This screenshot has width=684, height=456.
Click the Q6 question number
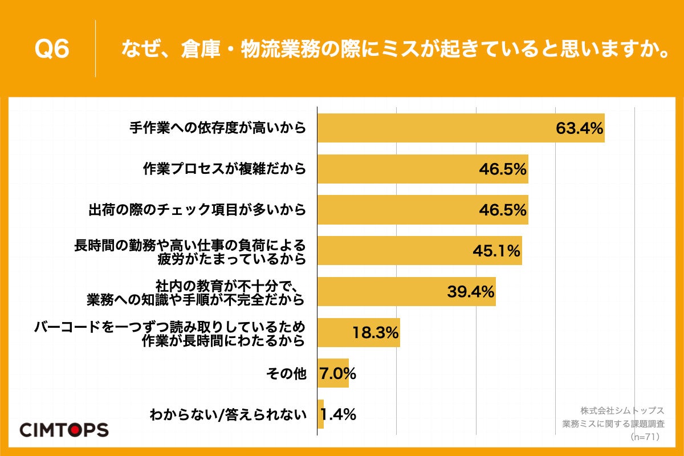point(52,50)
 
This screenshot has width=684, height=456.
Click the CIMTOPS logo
point(63,429)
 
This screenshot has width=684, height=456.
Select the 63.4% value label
point(579,128)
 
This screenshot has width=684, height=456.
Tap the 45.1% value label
point(496,251)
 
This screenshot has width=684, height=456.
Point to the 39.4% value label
point(470,292)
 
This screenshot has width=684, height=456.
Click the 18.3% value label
point(375,333)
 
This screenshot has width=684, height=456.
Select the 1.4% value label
point(339,415)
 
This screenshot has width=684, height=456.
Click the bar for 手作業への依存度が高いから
point(433,128)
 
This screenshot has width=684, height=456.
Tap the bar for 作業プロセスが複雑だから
point(399,169)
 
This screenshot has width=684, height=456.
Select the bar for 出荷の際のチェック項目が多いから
point(399,210)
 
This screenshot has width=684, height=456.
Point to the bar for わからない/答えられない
point(320,415)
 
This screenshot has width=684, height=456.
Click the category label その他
point(286,374)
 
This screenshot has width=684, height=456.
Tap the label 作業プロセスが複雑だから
point(224,169)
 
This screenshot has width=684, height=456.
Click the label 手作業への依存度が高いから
point(217,128)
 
